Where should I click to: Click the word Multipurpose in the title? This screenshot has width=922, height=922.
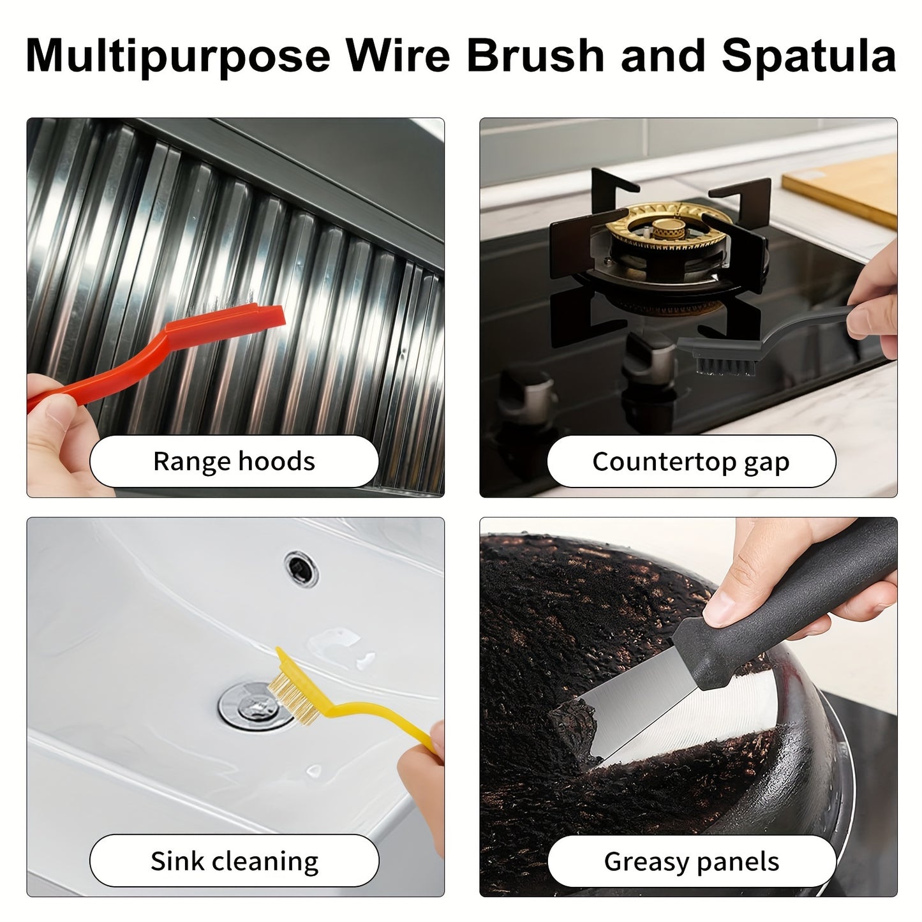[178, 56]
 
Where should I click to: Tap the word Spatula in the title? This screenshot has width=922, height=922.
[808, 56]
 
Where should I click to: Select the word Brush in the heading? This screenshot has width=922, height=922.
[535, 56]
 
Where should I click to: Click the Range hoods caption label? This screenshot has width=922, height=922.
[234, 461]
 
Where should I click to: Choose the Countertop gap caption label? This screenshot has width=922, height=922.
[691, 461]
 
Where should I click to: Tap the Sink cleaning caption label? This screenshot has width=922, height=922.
[234, 861]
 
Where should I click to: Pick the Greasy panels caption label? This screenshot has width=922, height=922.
[691, 861]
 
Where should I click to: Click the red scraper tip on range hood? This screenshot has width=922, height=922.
[268, 316]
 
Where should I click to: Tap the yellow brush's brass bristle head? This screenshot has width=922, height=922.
[285, 685]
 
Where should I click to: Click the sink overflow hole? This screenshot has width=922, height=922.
[301, 568]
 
